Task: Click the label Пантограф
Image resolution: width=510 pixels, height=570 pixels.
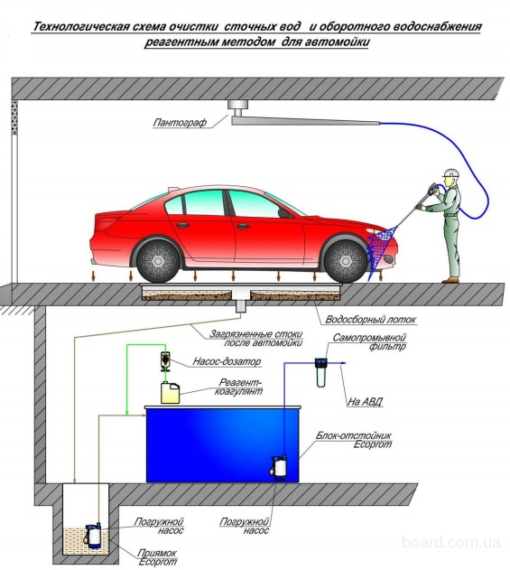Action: click(180, 123)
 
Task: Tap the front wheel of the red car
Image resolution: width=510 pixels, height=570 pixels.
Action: click(346, 260)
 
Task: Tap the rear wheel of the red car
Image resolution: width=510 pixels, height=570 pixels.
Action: click(158, 260)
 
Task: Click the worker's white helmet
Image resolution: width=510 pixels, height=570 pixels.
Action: click(450, 173)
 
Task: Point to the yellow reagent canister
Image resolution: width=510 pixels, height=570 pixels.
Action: click(171, 393)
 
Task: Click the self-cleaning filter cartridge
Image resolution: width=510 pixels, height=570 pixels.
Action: click(320, 372)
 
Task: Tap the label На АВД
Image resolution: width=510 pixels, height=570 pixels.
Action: click(365, 402)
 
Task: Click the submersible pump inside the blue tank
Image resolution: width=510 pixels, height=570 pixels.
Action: click(279, 467)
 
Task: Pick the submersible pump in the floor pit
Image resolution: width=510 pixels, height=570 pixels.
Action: click(93, 536)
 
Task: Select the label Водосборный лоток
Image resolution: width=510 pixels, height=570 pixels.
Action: click(370, 320)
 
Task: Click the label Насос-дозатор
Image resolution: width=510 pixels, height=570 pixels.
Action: click(227, 361)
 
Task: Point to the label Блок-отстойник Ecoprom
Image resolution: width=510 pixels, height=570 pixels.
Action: click(354, 440)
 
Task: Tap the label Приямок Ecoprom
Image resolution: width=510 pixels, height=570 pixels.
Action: click(157, 557)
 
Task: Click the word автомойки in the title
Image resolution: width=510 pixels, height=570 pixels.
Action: click(337, 42)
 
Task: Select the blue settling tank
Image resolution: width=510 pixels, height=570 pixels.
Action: click(222, 444)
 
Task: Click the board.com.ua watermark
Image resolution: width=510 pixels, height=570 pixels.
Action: click(451, 543)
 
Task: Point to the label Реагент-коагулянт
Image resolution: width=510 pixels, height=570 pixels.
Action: click(239, 387)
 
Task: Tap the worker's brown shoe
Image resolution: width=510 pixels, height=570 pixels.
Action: click(450, 280)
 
